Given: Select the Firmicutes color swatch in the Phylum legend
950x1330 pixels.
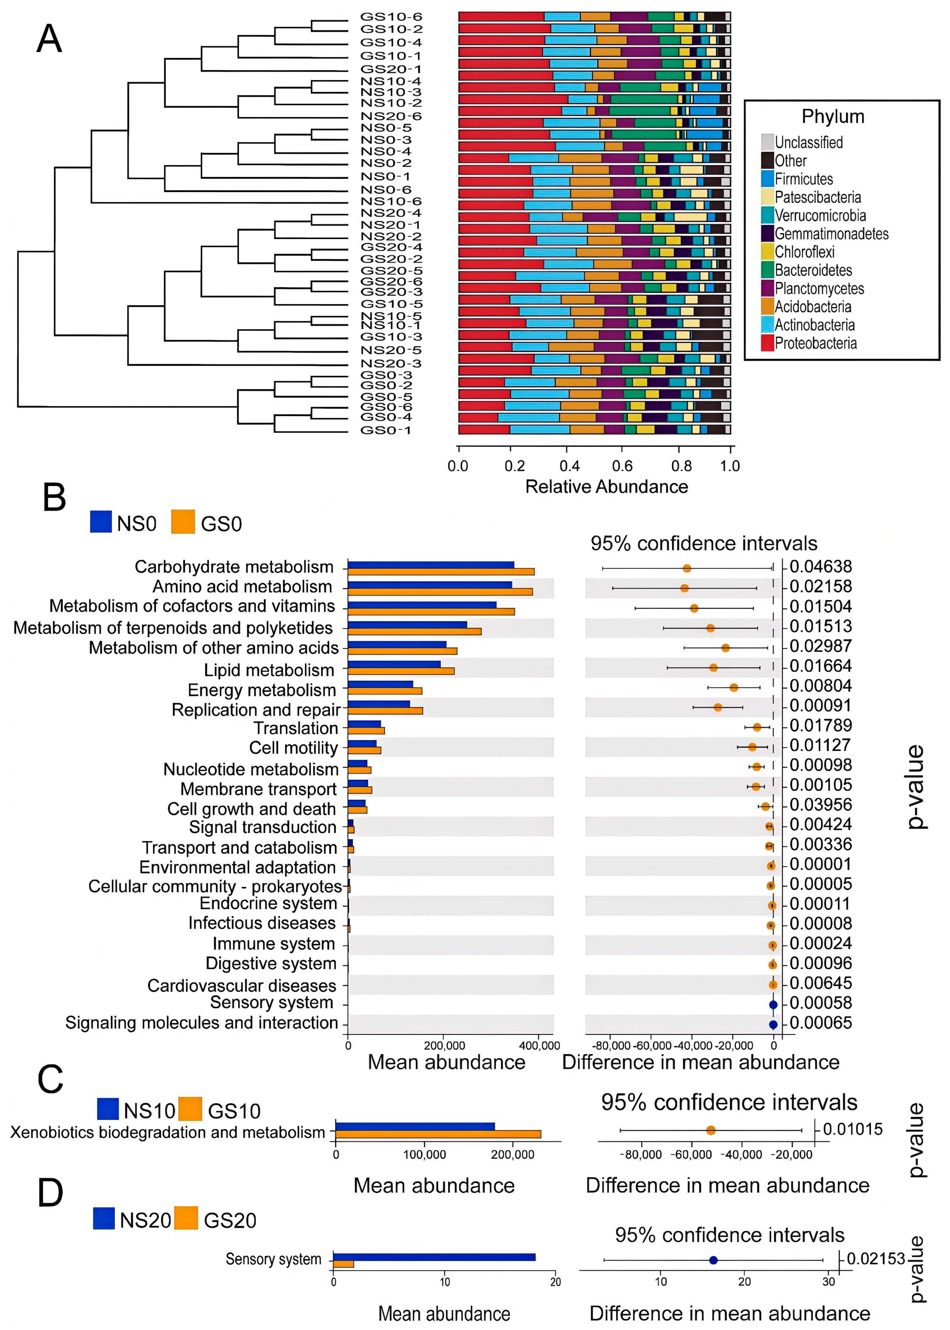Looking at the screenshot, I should point(767,179).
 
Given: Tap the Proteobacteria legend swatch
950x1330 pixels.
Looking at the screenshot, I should point(767,343).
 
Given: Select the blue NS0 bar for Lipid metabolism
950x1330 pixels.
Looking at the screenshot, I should point(394,664).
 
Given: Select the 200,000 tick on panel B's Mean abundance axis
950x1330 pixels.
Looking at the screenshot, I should point(444,1046).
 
